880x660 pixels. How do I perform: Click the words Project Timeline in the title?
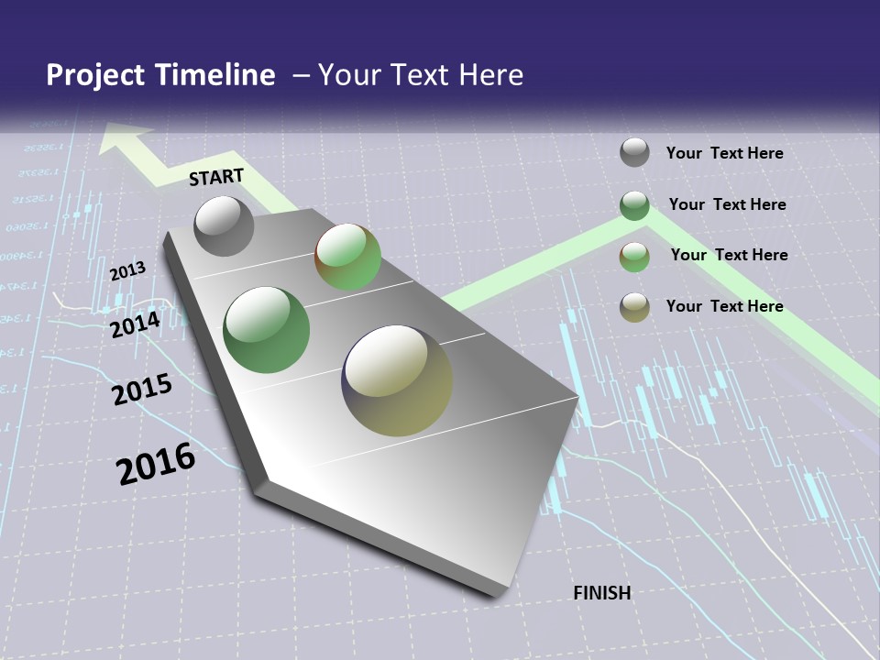(160, 75)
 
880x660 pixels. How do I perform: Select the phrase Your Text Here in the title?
(421, 75)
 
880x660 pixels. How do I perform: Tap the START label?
(216, 177)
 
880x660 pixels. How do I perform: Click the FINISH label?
(602, 593)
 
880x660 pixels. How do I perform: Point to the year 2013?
(127, 271)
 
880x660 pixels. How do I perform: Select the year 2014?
(135, 324)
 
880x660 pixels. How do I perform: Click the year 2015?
(142, 390)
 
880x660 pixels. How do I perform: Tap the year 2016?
(156, 464)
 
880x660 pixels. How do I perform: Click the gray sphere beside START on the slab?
(224, 225)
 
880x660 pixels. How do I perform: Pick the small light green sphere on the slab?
(348, 257)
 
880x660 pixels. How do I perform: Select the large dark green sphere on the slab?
(267, 330)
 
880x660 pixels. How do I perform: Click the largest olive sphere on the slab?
(397, 380)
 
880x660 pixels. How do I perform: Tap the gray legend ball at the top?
(634, 152)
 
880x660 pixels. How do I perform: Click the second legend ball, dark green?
(634, 205)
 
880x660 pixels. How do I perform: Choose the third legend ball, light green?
(634, 257)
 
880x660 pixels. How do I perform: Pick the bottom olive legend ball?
(634, 307)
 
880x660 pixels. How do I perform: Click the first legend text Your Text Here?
(724, 153)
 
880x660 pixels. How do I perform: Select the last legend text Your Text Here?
(724, 306)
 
